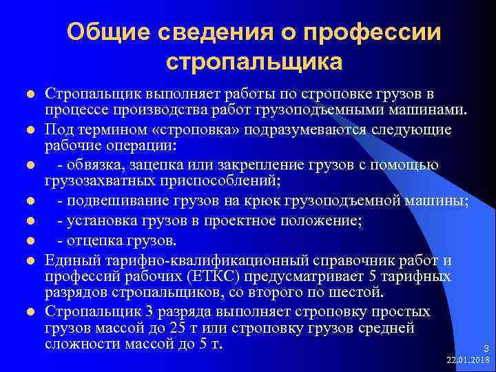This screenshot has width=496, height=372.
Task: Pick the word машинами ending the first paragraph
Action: (x=431, y=111)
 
